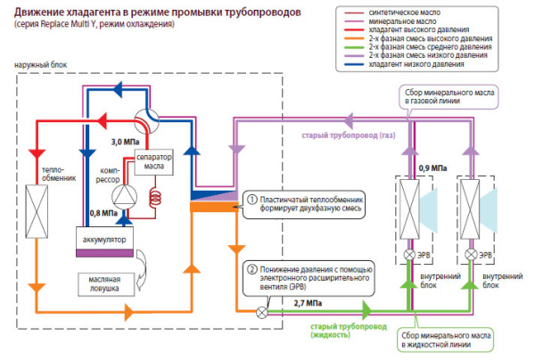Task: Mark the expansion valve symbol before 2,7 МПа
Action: [261, 312]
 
